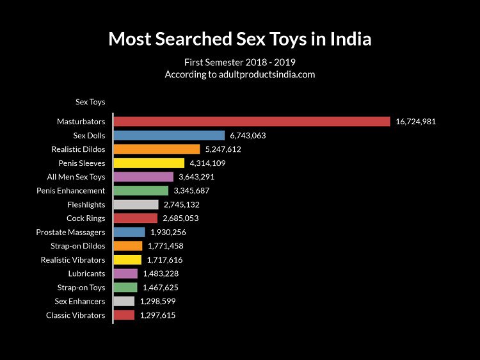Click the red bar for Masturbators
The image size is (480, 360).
252,122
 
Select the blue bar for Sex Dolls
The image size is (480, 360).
169,135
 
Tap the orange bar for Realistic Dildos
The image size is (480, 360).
157,149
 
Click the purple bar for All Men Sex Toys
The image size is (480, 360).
143,177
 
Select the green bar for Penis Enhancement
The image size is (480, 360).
141,191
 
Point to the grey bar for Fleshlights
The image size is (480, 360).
136,204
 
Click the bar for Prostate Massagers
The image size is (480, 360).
129,232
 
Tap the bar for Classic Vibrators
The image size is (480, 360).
124,315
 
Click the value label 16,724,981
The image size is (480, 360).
415,122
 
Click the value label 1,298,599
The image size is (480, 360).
157,301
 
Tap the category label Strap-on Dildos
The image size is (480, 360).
78,246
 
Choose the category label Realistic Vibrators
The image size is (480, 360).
73,260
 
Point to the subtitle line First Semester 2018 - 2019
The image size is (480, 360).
239,62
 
